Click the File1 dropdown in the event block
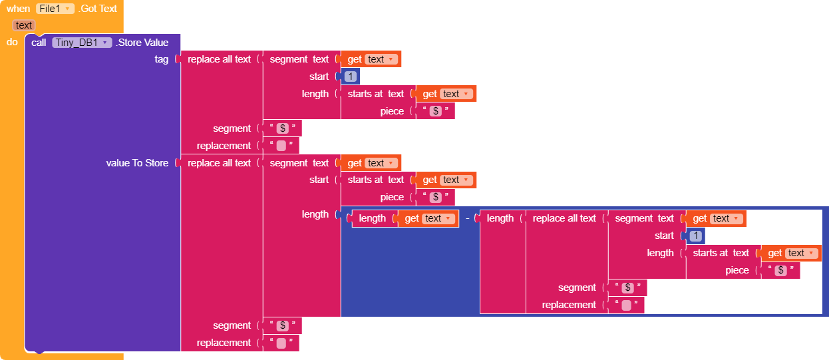[55, 9]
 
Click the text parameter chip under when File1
[24, 25]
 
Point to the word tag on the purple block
[161, 59]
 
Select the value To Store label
[137, 163]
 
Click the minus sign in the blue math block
[468, 218]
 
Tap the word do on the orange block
[12, 43]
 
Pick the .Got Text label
[98, 9]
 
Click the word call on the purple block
[39, 43]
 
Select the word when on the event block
[18, 9]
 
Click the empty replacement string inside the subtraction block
[625, 305]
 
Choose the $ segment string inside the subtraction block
[627, 287]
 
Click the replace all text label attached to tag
[219, 59]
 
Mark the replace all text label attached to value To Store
[219, 163]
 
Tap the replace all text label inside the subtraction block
[564, 218]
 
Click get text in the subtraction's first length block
[428, 218]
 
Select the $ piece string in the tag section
[436, 111]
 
